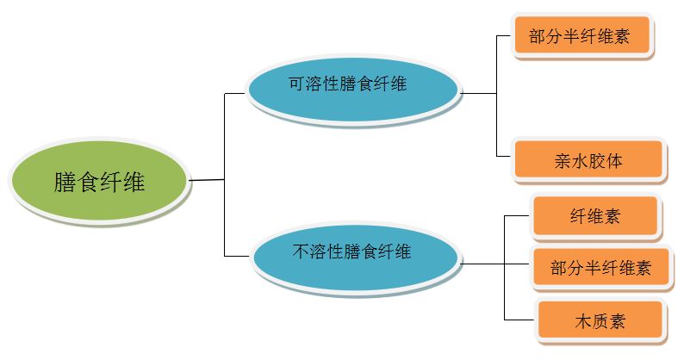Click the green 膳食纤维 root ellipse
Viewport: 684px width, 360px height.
tap(98, 182)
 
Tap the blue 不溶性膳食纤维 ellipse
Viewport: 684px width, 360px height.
tap(353, 253)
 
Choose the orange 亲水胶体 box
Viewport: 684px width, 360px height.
tap(589, 160)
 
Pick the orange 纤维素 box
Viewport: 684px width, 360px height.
tap(595, 216)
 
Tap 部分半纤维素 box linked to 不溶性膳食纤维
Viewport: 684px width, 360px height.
tap(600, 268)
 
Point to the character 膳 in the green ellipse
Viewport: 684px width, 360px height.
tap(65, 183)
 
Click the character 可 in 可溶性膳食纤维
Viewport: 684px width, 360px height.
tap(295, 84)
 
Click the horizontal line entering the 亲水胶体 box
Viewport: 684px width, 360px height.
tap(506, 156)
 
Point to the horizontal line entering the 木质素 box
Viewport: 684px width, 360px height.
tap(519, 320)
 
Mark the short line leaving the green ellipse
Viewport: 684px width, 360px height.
tap(207, 180)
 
